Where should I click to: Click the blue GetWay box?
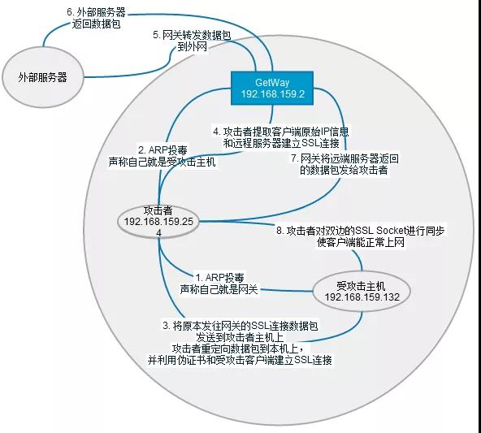click(272, 89)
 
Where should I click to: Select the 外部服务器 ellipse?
click(42, 77)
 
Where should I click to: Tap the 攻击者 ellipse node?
click(158, 222)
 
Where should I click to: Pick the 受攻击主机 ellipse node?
click(362, 292)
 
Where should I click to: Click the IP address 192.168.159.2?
click(272, 94)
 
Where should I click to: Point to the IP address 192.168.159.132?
click(362, 297)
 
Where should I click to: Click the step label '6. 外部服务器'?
click(97, 12)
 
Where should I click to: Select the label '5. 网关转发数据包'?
click(192, 35)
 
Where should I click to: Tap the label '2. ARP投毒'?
click(162, 150)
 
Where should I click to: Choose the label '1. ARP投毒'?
click(219, 278)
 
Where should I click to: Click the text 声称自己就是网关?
click(219, 289)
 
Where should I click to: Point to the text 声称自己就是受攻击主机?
click(162, 162)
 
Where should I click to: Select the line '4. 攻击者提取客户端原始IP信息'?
click(281, 132)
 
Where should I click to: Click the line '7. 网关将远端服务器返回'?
click(344, 158)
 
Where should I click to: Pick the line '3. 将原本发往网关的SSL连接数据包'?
click(240, 325)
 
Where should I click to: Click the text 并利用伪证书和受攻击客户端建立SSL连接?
click(240, 359)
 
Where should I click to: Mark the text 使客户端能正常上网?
click(361, 242)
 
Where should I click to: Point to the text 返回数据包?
click(96, 24)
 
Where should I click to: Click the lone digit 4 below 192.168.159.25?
click(158, 233)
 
